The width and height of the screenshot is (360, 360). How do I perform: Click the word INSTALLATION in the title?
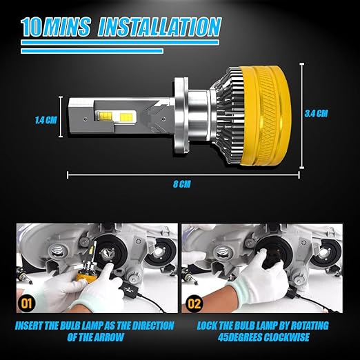[159, 27]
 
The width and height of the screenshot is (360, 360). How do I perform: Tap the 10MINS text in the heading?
[56, 27]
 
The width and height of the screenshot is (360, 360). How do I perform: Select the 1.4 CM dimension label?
[46, 120]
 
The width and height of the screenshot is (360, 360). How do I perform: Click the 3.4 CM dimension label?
[316, 113]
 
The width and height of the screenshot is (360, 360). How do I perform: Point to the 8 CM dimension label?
[182, 184]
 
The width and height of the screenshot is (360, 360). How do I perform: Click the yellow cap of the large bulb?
[265, 116]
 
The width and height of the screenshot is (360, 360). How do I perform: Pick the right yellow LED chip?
[128, 117]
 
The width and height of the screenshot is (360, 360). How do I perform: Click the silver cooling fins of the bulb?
[228, 115]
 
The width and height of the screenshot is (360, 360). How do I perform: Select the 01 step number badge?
[27, 303]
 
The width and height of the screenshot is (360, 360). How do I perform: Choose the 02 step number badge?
[194, 303]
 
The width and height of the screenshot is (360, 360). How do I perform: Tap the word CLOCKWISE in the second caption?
[286, 337]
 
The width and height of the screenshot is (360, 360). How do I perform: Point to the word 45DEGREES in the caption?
[240, 337]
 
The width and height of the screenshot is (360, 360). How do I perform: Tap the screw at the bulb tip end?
[86, 119]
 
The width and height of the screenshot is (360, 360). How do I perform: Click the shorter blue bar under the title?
[92, 51]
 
